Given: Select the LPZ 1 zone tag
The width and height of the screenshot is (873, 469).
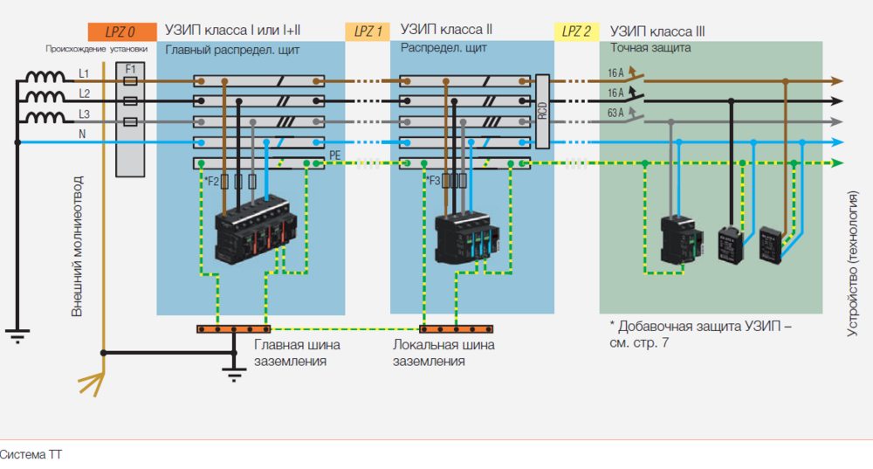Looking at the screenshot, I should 368,31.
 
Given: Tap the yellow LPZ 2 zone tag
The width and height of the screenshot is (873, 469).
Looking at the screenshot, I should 576,31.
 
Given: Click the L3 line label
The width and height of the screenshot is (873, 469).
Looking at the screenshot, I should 84,115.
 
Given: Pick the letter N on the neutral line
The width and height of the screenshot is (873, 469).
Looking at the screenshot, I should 84,134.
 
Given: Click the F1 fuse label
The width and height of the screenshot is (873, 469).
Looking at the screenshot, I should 130,67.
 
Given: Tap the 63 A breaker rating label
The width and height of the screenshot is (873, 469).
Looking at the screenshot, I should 615,113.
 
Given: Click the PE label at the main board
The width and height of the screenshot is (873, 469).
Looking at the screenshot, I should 334,155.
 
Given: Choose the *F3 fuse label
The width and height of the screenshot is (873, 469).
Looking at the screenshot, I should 431,181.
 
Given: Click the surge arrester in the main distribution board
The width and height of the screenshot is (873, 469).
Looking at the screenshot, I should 251,231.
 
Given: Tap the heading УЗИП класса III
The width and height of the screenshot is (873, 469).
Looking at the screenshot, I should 657,31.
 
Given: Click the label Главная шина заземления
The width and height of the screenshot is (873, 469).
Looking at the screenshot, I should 297,352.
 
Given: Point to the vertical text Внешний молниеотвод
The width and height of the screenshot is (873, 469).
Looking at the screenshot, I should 77,245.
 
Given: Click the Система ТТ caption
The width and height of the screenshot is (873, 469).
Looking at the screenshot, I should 31,454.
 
